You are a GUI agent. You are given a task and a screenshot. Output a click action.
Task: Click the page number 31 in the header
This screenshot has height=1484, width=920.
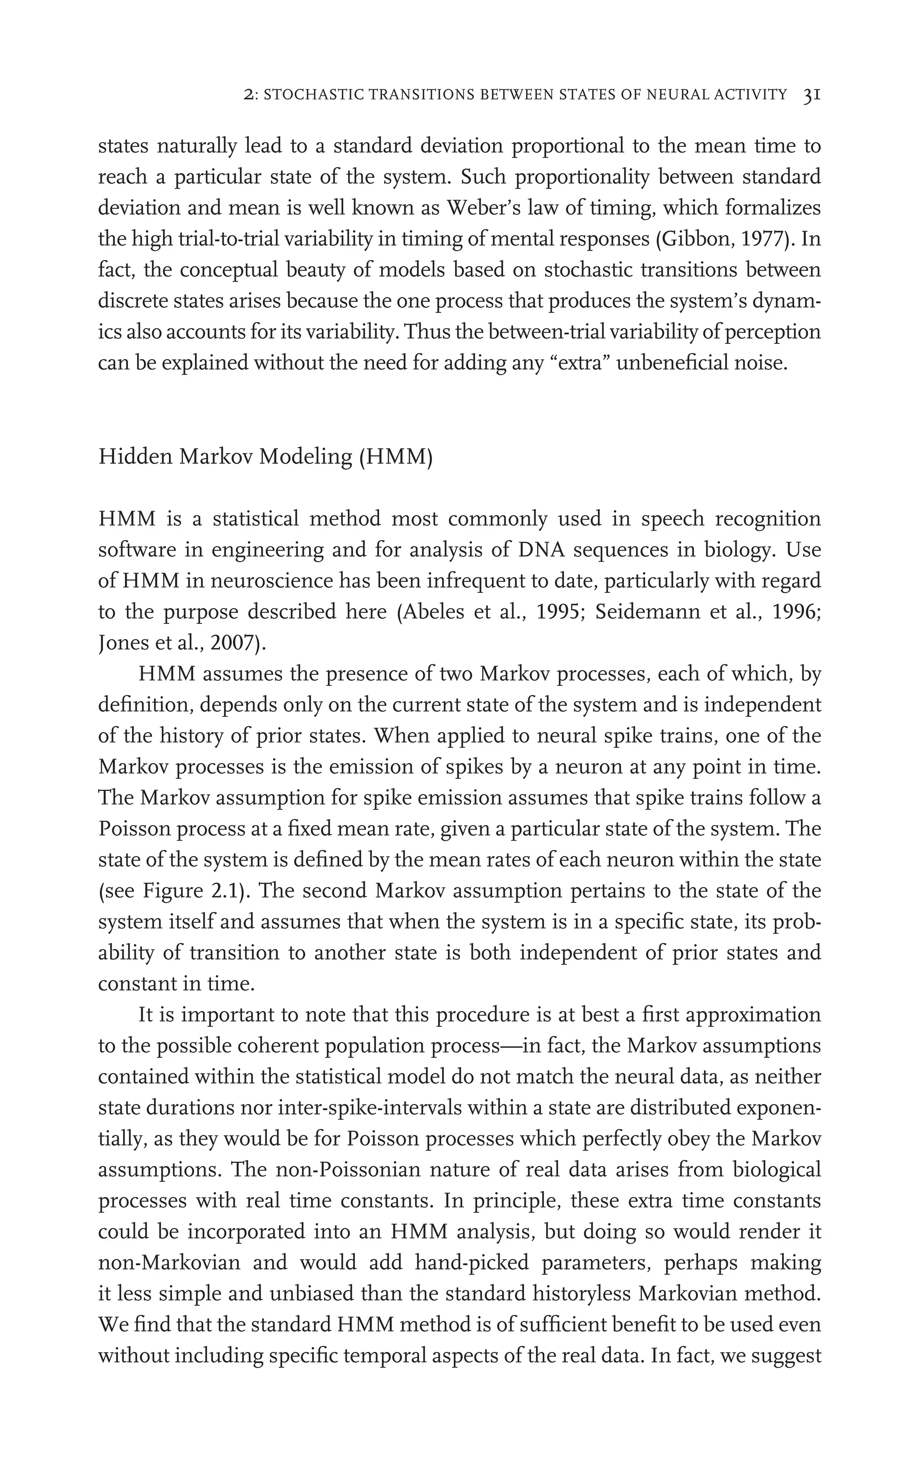[812, 94]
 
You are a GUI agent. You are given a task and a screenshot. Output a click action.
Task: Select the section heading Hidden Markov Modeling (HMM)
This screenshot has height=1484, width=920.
[265, 457]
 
